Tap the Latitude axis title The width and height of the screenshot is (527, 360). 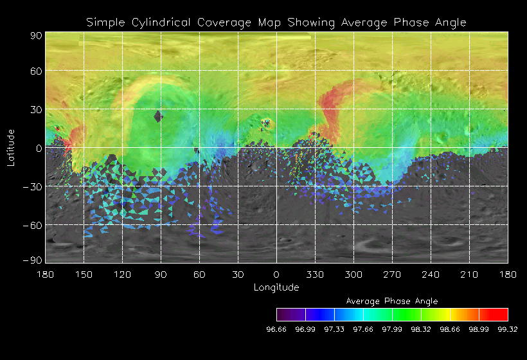pos(11,147)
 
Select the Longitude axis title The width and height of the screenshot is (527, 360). pos(276,287)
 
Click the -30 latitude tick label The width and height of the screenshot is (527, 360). pos(33,187)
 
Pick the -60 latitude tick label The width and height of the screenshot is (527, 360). pos(33,226)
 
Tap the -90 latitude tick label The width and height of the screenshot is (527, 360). pos(33,260)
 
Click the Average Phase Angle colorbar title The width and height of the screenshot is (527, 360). pos(392,301)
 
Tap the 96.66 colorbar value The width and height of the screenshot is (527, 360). pos(276,330)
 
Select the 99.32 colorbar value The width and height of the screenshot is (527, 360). pos(507,330)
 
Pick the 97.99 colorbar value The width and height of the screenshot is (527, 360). pos(392,330)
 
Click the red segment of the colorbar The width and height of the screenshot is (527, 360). pos(494,314)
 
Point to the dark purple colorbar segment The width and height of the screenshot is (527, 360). pos(290,314)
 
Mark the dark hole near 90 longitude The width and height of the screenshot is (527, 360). pos(158,116)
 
